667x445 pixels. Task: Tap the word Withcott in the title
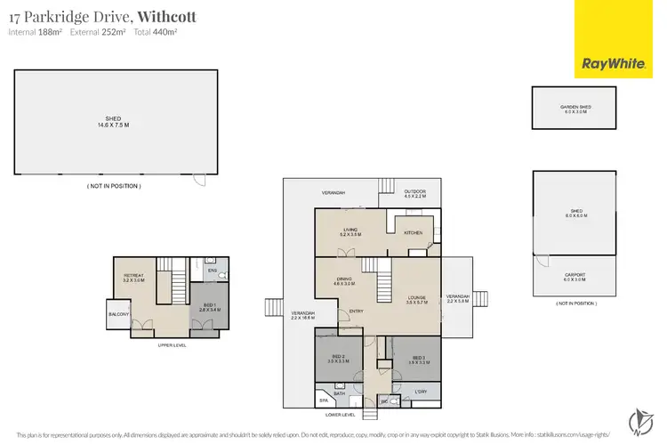tap(165, 16)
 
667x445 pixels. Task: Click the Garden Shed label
tap(575, 109)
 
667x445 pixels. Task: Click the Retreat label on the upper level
tap(133, 277)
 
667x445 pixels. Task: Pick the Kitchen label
tap(414, 232)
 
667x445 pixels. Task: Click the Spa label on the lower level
tap(323, 401)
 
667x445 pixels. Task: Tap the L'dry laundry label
tap(422, 391)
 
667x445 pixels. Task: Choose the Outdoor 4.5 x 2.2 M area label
tap(415, 193)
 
